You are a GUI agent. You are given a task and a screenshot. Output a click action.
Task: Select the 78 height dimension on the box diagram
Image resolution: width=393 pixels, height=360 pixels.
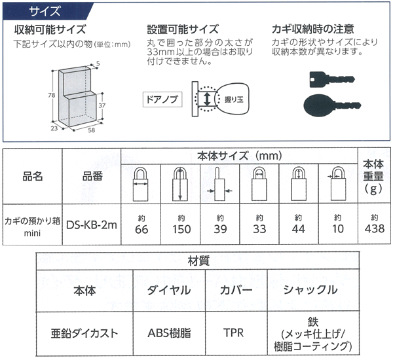pos(51,96)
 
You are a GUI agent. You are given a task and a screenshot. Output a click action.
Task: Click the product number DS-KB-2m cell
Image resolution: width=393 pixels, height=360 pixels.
pos(91,224)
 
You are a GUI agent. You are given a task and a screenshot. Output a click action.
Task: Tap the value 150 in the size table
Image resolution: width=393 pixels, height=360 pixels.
pos(181,228)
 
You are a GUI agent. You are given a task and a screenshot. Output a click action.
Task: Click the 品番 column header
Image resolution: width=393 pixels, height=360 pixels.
pos(91,176)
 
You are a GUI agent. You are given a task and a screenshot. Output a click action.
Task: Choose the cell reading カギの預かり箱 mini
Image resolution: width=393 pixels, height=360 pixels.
pos(33,224)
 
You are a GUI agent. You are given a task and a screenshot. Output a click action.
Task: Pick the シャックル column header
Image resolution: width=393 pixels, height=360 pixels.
pos(310,289)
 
